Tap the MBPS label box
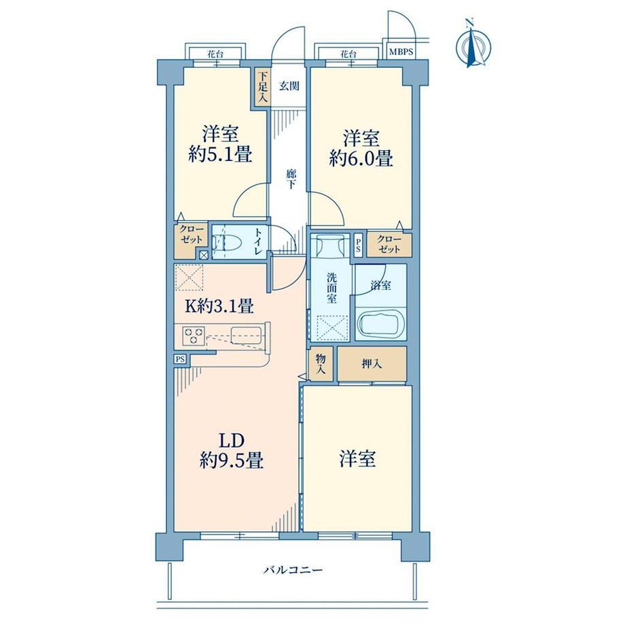point(401,52)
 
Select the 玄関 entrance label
point(289,86)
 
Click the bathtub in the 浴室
point(380,324)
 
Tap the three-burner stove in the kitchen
point(194,336)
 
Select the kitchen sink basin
point(247,335)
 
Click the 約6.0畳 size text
point(361,158)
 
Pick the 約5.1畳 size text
point(220,154)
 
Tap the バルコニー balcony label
point(293,571)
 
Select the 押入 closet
point(372,363)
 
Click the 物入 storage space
point(321,364)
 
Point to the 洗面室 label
point(332,288)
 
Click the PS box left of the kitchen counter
point(180,359)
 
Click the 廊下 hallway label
point(291,179)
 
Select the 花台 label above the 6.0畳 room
point(348,54)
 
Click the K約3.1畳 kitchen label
point(219,306)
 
